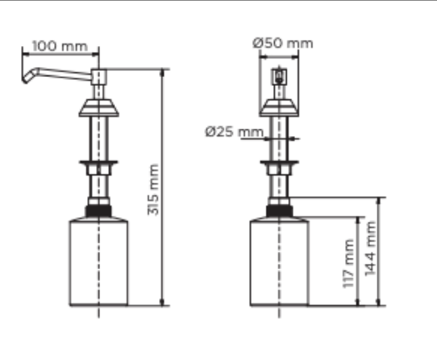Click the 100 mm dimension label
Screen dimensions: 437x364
pos(60,46)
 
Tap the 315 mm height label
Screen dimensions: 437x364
pos(153,190)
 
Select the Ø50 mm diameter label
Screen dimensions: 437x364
pos(283,43)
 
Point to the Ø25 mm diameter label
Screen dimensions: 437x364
pos(234,131)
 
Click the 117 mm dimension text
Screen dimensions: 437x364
pos(348,263)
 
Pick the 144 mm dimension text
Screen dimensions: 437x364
pos(371,248)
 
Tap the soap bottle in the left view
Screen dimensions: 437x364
pos(99,261)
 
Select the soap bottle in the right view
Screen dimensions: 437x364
pos(279,261)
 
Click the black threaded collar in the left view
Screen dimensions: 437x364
pos(99,211)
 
